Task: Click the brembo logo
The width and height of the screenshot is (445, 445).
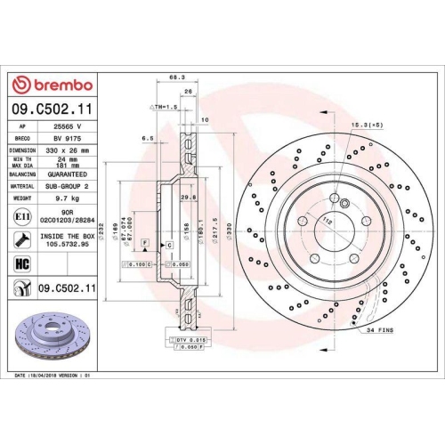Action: pyautogui.click(x=51, y=85)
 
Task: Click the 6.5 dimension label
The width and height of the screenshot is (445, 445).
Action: pyautogui.click(x=147, y=139)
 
